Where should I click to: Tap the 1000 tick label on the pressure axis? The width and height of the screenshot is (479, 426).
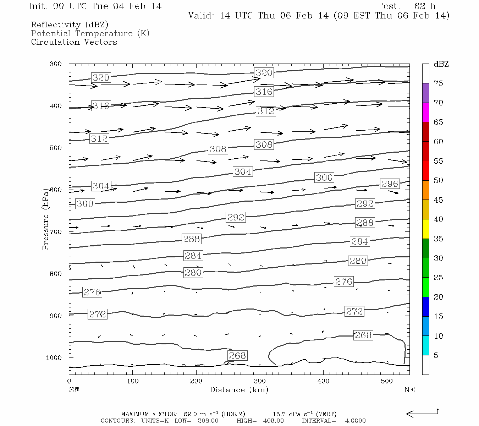click(x=54, y=358)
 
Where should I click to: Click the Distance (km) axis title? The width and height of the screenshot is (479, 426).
click(x=239, y=390)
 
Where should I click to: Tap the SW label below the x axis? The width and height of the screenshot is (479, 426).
click(x=74, y=390)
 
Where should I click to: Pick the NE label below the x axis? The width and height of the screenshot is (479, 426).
click(x=409, y=390)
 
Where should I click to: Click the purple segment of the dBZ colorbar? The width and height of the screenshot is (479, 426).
click(x=425, y=93)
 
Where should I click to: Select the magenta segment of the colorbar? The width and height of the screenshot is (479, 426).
click(x=425, y=112)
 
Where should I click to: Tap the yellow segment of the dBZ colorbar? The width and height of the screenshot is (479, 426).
click(x=425, y=229)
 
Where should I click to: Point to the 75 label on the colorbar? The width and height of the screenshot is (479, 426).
click(x=438, y=83)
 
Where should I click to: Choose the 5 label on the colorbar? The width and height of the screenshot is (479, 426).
click(x=436, y=355)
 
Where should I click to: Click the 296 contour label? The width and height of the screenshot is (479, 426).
click(x=390, y=184)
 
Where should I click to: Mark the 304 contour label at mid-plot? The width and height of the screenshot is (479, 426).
click(x=243, y=171)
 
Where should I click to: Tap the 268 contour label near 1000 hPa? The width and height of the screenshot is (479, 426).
click(x=237, y=355)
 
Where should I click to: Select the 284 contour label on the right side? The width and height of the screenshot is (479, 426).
click(x=359, y=241)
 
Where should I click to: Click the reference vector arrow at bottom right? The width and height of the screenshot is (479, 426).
click(x=422, y=413)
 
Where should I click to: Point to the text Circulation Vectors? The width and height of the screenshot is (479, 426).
click(x=74, y=42)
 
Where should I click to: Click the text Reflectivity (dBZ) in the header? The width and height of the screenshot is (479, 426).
click(x=70, y=25)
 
